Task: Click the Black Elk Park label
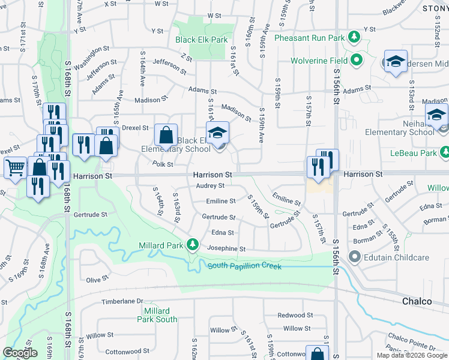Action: pos(202,40)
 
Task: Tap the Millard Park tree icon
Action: pos(193,244)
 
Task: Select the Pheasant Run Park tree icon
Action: pos(354,37)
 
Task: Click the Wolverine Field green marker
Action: pos(357,60)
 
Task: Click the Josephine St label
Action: pos(226,248)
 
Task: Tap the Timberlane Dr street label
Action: pos(123,301)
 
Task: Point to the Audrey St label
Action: pos(210,185)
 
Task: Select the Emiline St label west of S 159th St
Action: pos(220,201)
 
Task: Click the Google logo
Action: pos(20,353)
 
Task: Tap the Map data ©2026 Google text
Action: pos(412,355)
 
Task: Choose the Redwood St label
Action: pos(296,314)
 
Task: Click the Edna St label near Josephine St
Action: pos(223,232)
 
